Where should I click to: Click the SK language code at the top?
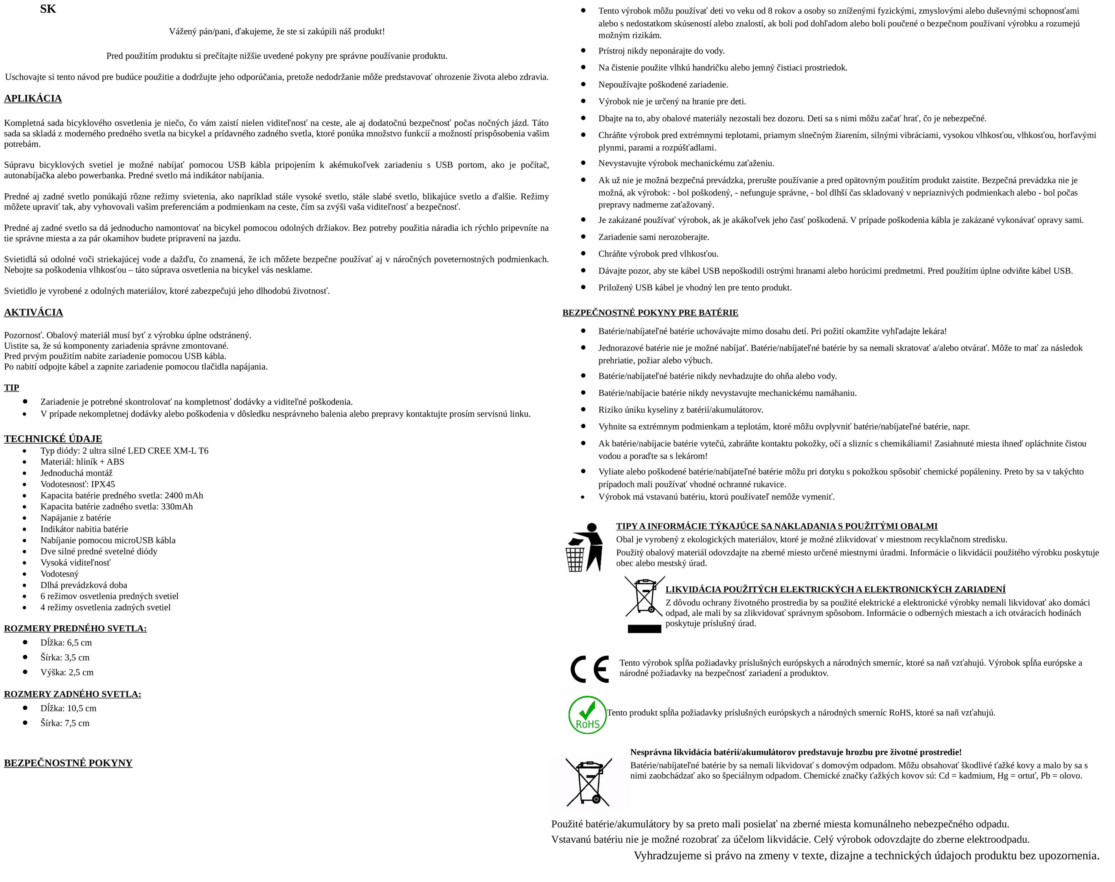pos(48,9)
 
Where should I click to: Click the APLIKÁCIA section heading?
pos(33,99)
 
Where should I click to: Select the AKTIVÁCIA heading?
pos(33,312)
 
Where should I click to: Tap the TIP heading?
pos(11,388)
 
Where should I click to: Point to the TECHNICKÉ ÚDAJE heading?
pos(53,439)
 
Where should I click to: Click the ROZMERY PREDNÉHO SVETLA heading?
pos(75,628)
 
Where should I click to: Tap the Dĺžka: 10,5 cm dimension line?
pos(68,709)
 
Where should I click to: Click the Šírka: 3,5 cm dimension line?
pos(65,657)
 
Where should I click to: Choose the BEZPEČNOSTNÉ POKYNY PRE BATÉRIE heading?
pos(650,313)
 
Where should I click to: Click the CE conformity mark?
pos(589,669)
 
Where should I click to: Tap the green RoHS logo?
pos(587,715)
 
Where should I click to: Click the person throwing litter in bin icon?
pos(585,548)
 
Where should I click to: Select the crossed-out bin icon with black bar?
pos(644,604)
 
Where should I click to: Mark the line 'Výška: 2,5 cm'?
pos(67,673)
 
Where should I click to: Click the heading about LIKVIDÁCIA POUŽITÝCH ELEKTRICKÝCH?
pos(835,589)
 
